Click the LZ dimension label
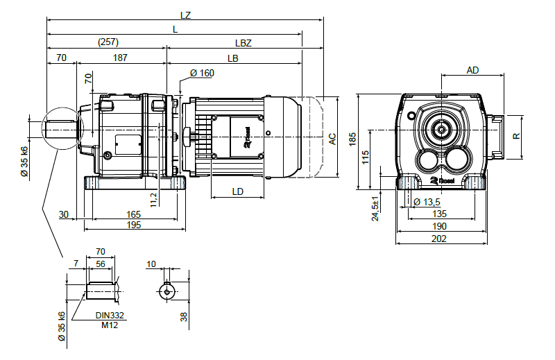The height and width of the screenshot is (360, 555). [x=184, y=15]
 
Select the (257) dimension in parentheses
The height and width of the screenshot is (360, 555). [x=108, y=42]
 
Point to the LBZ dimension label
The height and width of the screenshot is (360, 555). [x=242, y=42]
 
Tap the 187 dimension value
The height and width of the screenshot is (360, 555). [x=120, y=59]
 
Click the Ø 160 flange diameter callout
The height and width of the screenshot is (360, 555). [x=201, y=73]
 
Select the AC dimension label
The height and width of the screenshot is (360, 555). [x=332, y=139]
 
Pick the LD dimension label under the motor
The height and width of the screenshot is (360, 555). [x=238, y=191]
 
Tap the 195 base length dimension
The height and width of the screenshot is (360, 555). [x=134, y=225]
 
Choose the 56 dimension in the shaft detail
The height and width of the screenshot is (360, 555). [x=101, y=264]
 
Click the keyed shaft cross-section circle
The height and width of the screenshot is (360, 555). [x=166, y=292]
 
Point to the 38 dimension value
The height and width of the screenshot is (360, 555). [x=184, y=316]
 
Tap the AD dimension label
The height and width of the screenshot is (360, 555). [x=472, y=70]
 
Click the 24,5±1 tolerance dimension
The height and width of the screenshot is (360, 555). [x=375, y=208]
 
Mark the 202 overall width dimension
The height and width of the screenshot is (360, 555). [x=440, y=238]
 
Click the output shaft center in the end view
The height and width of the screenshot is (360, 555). [x=441, y=129]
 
